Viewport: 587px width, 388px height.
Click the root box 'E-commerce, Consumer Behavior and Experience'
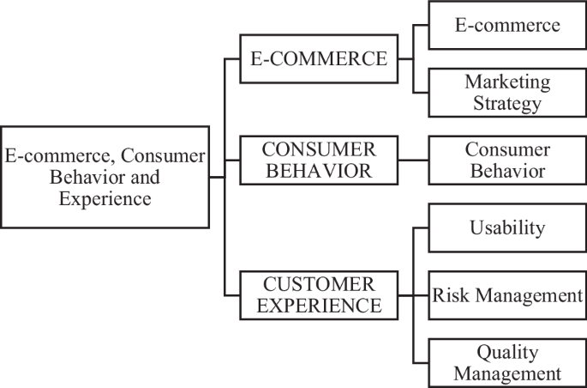[105, 178]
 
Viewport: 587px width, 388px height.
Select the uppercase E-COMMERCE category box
[319, 58]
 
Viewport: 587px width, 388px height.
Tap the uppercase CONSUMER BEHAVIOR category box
[319, 160]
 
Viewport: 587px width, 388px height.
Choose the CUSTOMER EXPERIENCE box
[319, 294]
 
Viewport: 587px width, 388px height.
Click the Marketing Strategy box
[507, 93]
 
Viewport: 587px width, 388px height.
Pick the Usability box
[507, 227]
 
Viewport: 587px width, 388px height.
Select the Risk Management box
[507, 295]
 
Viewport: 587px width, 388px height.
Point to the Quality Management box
[507, 362]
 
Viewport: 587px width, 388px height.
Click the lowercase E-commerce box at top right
[507, 25]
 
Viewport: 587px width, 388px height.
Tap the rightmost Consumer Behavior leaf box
[507, 160]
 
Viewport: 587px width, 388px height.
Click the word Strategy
[508, 104]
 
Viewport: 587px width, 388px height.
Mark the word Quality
[508, 352]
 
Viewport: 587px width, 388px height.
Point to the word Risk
[450, 295]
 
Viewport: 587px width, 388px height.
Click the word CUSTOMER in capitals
[319, 284]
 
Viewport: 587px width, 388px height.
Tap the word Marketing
[508, 82]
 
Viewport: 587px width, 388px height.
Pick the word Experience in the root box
[105, 198]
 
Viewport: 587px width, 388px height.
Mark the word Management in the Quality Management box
[508, 373]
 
